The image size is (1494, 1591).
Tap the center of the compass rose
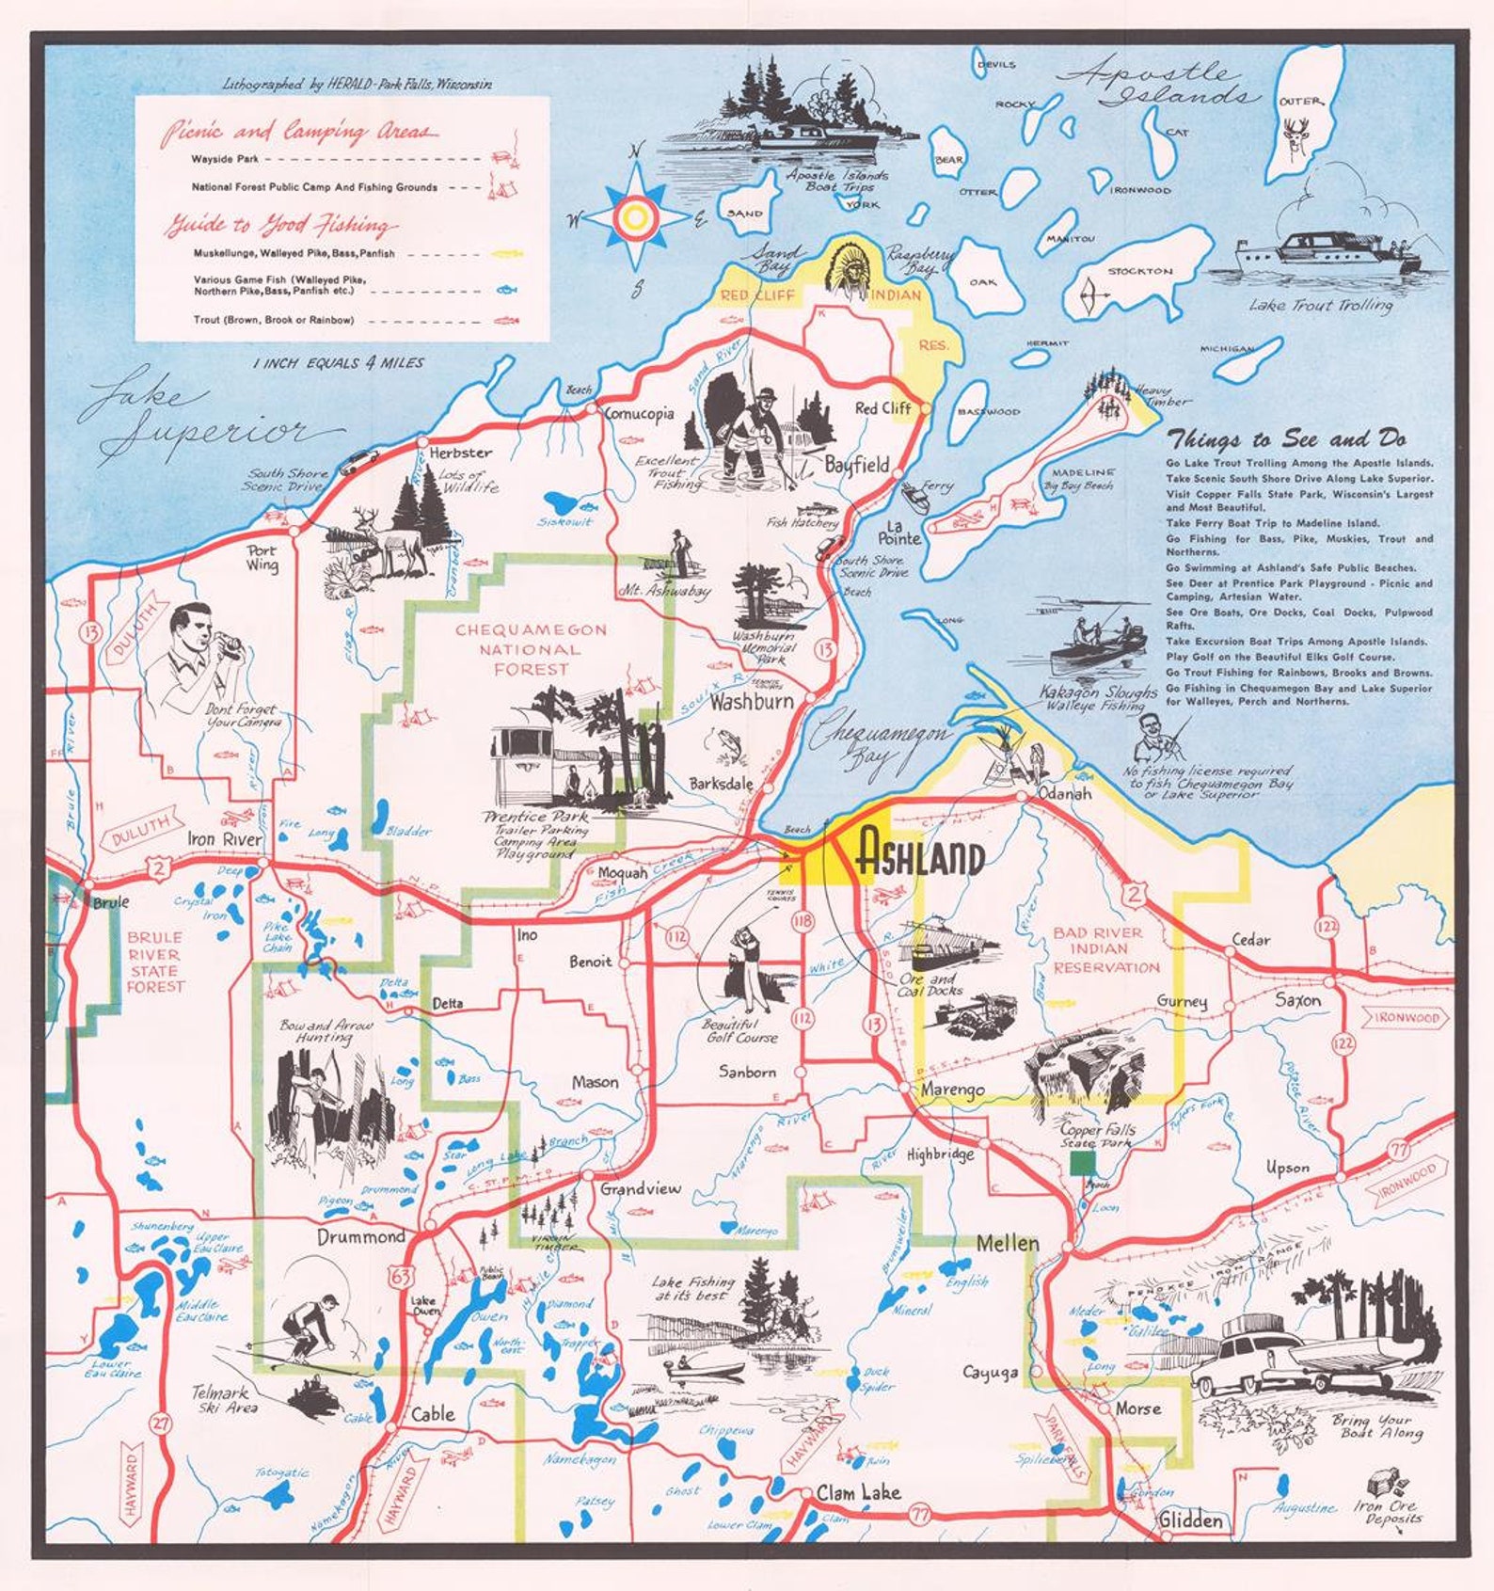coord(635,217)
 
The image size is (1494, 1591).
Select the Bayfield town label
coord(856,465)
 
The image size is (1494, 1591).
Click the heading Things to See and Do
coord(1286,439)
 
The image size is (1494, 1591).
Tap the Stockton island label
coord(1139,271)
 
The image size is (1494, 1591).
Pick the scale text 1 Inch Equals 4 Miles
coord(338,363)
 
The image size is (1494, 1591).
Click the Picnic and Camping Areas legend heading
coord(299,132)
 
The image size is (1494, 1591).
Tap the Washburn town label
coord(751,702)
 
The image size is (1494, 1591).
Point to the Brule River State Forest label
coord(154,962)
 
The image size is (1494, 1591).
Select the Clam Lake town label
coord(858,1492)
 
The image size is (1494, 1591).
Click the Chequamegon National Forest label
coord(531,649)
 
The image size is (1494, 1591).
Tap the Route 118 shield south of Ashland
coord(803,919)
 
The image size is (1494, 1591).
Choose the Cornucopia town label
coord(639,413)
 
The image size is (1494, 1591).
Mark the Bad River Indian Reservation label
coord(1105,949)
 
